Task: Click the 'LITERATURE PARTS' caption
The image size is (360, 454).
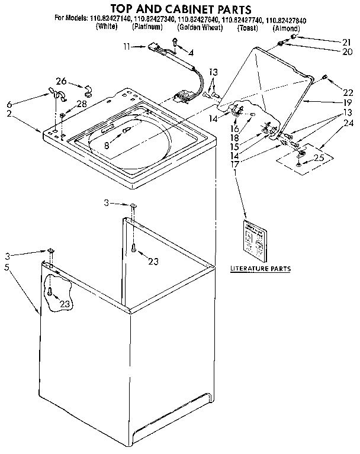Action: [x=260, y=269]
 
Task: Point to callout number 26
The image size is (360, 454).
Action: [x=61, y=81]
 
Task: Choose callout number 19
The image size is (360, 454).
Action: [x=346, y=102]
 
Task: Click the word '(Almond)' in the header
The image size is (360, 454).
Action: [x=286, y=27]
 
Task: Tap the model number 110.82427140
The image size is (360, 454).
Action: [x=112, y=19]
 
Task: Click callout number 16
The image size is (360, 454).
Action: [x=234, y=128]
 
